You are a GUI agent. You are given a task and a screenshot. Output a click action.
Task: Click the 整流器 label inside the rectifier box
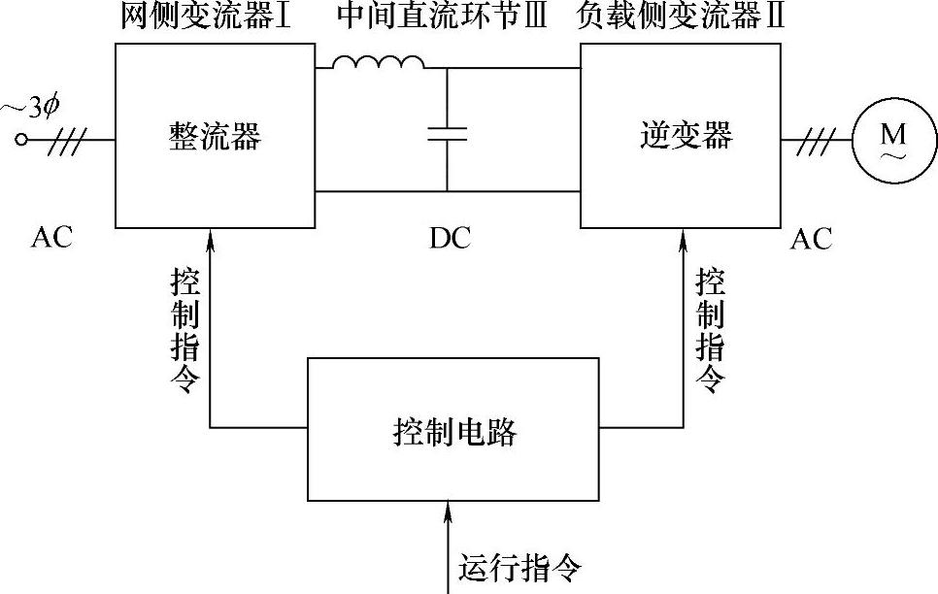pos(215,137)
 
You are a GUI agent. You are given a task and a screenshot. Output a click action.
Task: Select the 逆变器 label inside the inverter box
pos(687,135)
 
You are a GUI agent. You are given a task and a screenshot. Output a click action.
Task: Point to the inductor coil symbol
pos(378,63)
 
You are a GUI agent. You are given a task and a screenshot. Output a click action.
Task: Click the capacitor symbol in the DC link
pos(447,133)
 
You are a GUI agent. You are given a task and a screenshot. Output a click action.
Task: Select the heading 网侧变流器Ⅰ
pos(206,16)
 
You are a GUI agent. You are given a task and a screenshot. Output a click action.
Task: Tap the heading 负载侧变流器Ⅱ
pos(680,16)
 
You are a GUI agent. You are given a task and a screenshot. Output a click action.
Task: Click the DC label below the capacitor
pos(450,239)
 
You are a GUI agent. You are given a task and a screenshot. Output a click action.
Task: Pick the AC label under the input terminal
pos(51,239)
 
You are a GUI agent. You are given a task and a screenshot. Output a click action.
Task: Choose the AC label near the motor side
pos(811,239)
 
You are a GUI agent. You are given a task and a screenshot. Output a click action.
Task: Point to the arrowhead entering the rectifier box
pos(212,237)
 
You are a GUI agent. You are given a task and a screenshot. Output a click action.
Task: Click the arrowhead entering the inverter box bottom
pos(683,237)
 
